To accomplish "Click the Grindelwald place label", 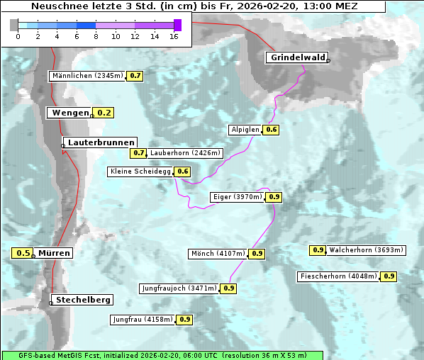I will (x=296, y=57).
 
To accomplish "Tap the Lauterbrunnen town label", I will (x=101, y=142).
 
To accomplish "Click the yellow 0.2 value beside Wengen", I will (x=104, y=112).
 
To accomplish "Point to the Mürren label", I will (x=55, y=253).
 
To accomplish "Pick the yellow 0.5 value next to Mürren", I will (x=23, y=253).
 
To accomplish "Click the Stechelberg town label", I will (x=84, y=300).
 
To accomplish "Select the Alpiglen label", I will (x=245, y=130).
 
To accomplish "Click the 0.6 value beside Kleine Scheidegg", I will (x=183, y=171).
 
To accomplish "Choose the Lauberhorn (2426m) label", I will (x=186, y=152).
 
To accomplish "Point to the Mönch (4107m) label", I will (x=218, y=254).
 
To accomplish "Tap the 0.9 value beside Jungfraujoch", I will (x=229, y=288).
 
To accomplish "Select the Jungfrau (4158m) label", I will (x=143, y=320).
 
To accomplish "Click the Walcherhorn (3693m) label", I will (x=367, y=249).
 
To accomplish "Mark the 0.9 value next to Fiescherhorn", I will (x=389, y=276).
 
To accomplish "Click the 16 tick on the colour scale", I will (x=174, y=36).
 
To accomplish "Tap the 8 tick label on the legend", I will (x=96, y=36).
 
